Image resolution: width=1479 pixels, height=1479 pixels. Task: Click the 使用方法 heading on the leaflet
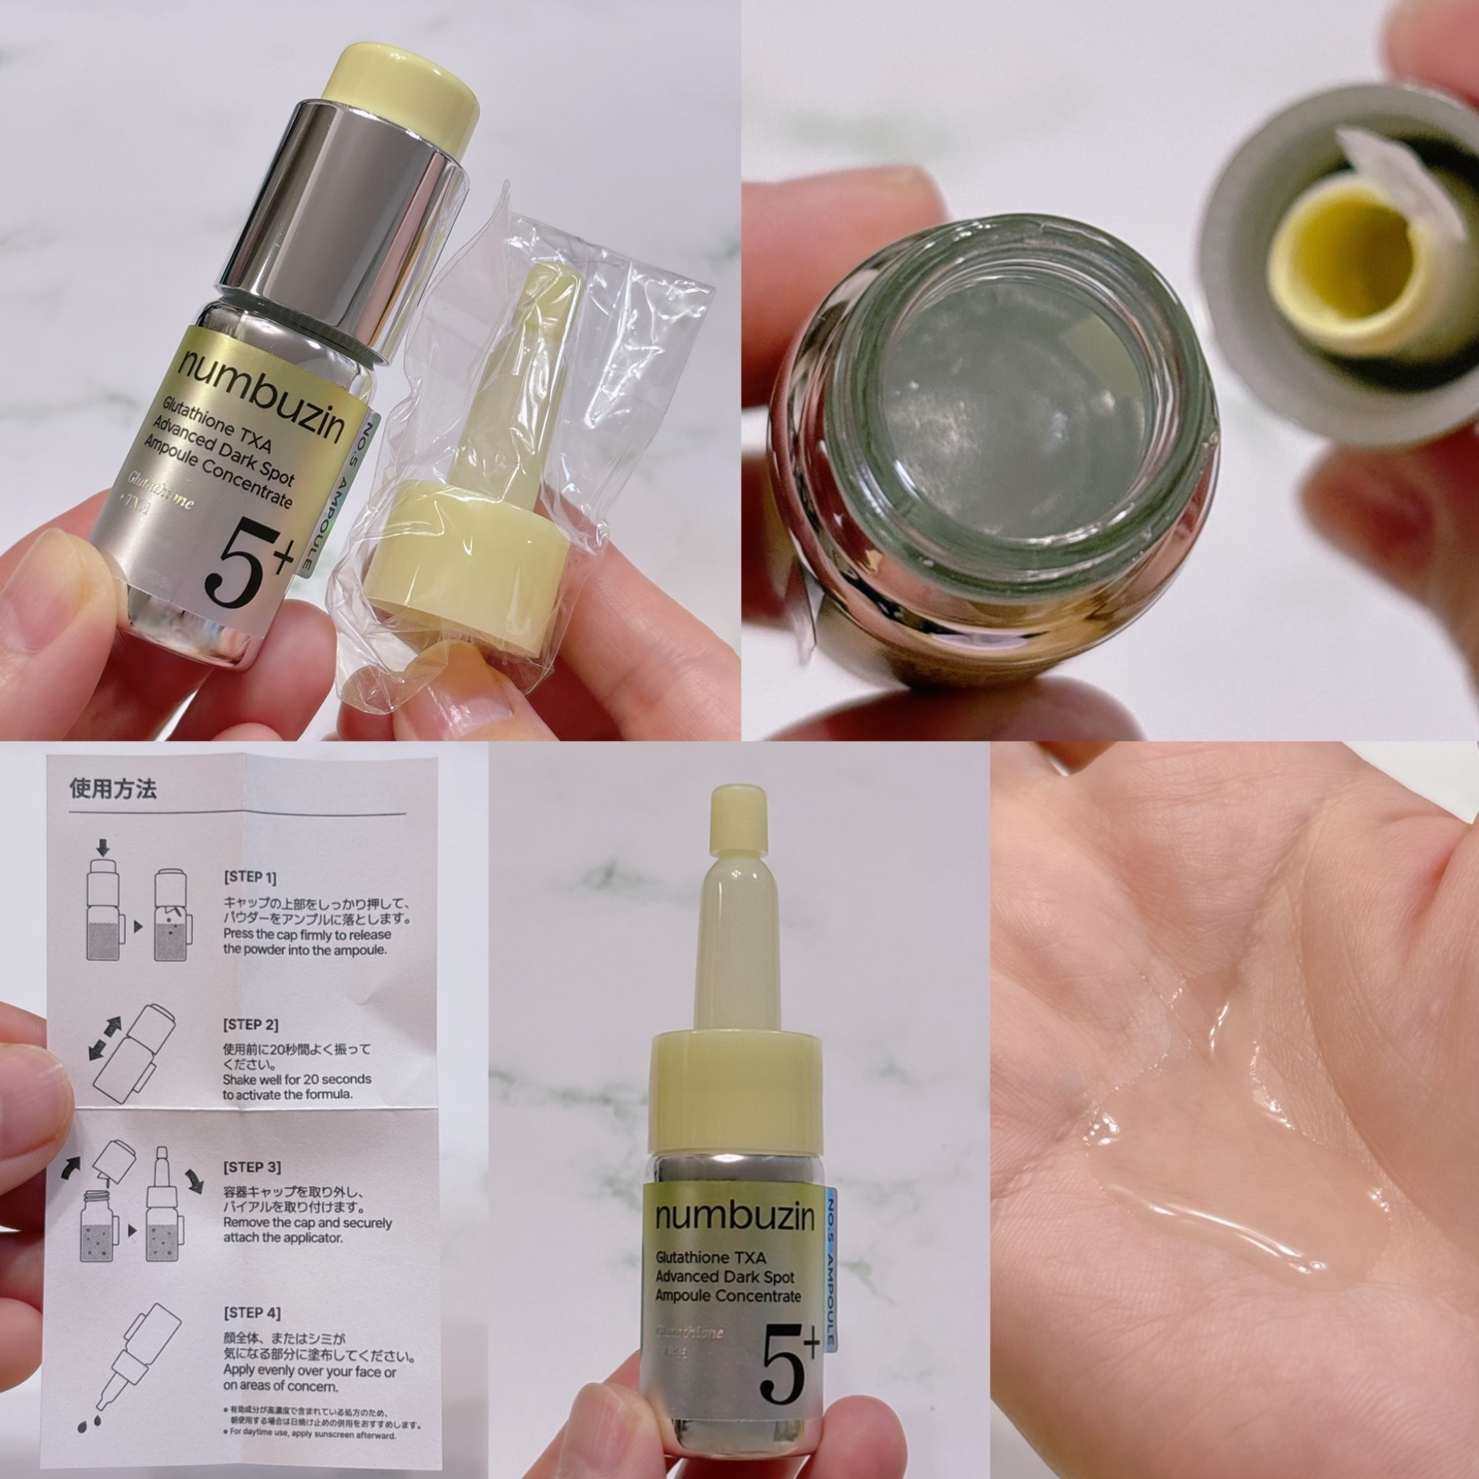[113, 789]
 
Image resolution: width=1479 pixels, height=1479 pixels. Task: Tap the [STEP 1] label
[249, 878]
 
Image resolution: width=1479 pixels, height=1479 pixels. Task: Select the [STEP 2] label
[250, 1024]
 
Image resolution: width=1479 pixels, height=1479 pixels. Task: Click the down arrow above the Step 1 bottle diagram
[105, 846]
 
